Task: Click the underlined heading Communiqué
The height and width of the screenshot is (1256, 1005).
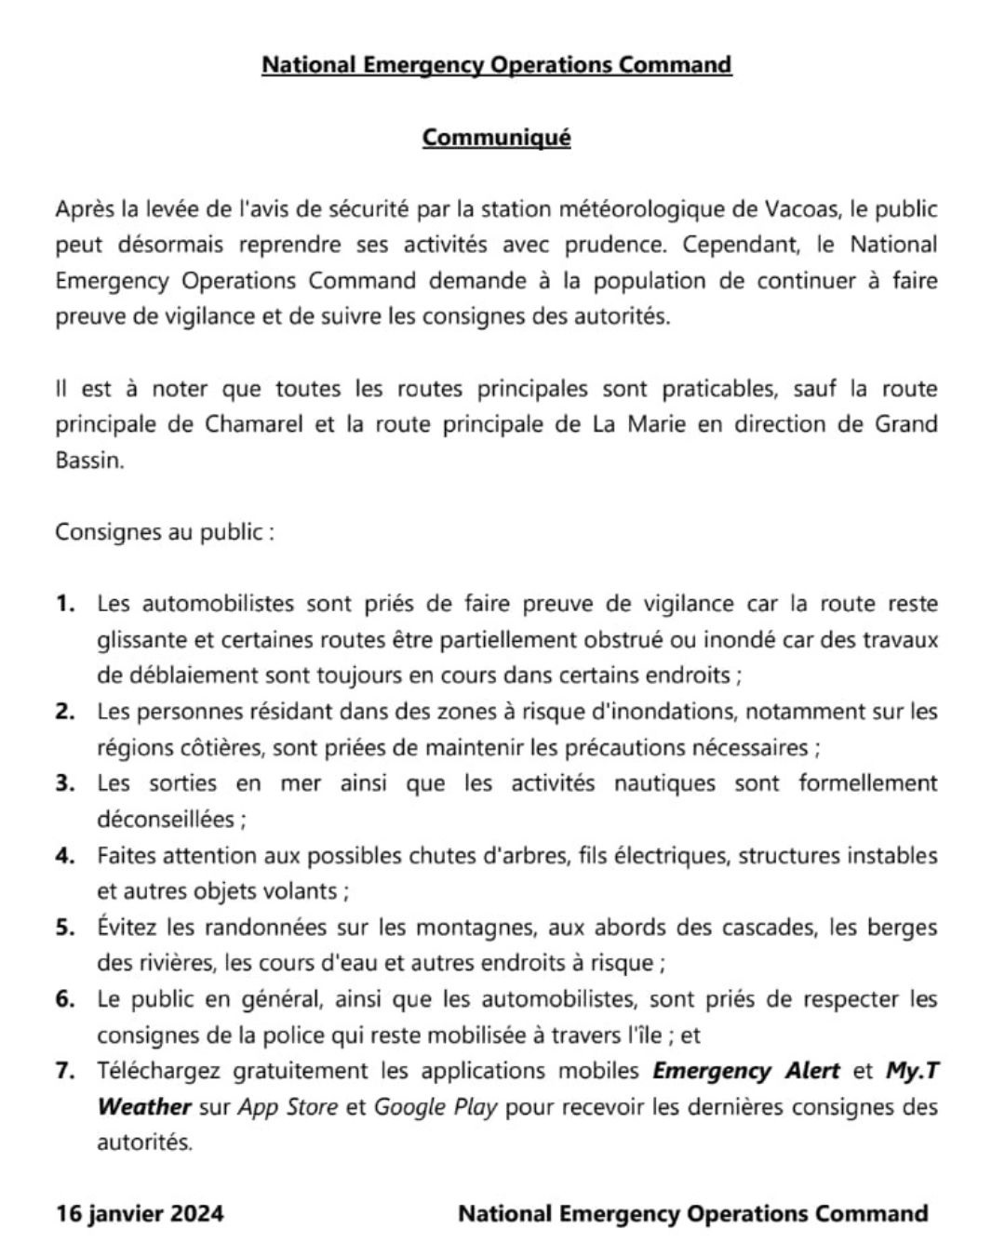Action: click(x=496, y=138)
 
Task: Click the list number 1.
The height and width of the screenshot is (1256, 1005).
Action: click(x=65, y=604)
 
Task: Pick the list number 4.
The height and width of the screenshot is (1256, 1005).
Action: click(x=65, y=855)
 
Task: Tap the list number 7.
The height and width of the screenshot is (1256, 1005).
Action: click(x=65, y=1071)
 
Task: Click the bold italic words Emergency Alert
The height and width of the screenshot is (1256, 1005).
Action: click(x=746, y=1071)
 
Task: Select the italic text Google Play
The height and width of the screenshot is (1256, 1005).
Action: click(x=435, y=1107)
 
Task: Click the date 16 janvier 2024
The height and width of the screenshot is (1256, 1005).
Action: click(x=140, y=1214)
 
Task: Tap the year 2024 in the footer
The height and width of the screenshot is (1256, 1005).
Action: click(x=196, y=1214)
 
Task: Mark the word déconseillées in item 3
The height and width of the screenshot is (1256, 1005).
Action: click(x=166, y=820)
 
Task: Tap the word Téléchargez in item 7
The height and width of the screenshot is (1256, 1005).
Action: click(x=157, y=1071)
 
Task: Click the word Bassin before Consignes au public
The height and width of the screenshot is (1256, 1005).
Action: click(x=88, y=461)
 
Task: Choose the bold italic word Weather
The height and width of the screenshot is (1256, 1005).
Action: click(x=144, y=1107)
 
